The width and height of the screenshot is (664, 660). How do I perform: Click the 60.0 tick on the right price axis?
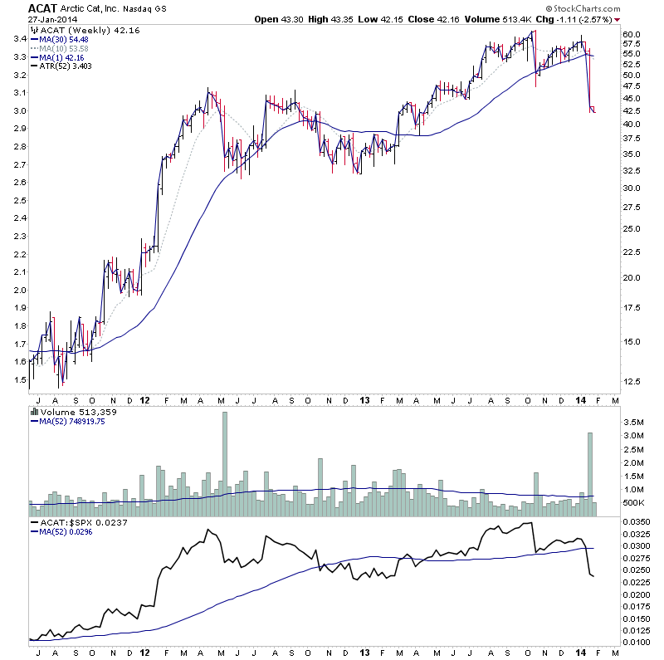632,34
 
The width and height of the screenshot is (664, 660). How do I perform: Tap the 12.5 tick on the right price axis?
632,381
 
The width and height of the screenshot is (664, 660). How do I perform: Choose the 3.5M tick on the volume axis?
635,421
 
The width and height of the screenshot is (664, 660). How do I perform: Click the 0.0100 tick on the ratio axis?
639,642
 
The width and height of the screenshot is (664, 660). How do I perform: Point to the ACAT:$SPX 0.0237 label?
76,522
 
